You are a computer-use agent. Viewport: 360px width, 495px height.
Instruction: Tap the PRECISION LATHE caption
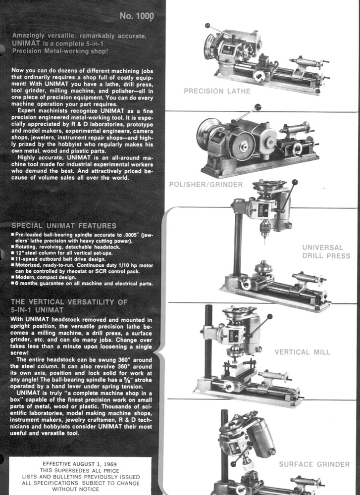click(217, 91)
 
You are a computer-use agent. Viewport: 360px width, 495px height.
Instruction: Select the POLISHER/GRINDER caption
click(206, 185)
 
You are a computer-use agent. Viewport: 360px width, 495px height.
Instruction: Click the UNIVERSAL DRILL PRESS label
click(326, 251)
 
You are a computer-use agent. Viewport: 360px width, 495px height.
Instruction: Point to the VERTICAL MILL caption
click(302, 352)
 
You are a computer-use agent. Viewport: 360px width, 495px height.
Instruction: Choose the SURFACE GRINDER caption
click(314, 464)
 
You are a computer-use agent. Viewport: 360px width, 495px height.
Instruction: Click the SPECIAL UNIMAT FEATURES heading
click(64, 226)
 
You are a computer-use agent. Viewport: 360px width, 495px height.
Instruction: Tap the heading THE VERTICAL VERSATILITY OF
click(69, 301)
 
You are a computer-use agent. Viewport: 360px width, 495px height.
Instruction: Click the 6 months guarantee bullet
click(82, 284)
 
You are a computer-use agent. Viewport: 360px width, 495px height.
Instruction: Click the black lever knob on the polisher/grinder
click(257, 106)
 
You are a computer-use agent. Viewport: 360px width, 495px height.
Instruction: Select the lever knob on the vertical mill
click(270, 315)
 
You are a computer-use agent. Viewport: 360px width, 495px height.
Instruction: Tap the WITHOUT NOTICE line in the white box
click(79, 488)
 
